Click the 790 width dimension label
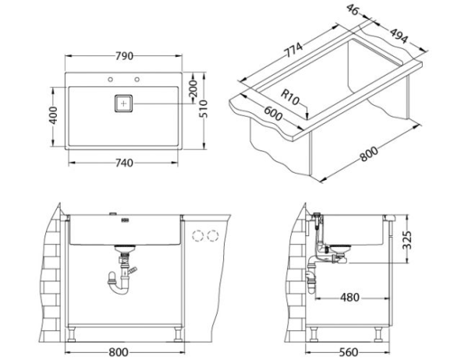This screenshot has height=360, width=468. click(124, 56)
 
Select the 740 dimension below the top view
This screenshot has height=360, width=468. click(124, 163)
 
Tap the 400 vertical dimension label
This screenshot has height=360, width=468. click(53, 115)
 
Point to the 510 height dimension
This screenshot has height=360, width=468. click(204, 109)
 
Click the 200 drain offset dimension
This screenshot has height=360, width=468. click(193, 89)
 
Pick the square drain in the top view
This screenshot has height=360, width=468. click(123, 104)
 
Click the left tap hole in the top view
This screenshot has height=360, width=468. click(111, 79)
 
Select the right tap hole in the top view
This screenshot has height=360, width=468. click(137, 79)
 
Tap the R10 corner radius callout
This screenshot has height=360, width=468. click(290, 97)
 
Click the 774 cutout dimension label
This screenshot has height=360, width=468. click(294, 50)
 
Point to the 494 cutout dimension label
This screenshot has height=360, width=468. click(399, 36)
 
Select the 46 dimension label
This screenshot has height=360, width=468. click(353, 10)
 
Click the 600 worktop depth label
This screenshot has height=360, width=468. click(273, 113)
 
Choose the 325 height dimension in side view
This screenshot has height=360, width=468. click(407, 240)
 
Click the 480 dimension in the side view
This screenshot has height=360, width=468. click(349, 298)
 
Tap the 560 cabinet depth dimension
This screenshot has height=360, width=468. click(349, 352)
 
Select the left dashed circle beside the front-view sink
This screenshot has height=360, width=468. click(197, 235)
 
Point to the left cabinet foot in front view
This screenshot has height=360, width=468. click(72, 334)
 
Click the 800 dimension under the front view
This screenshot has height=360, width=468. click(119, 352)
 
